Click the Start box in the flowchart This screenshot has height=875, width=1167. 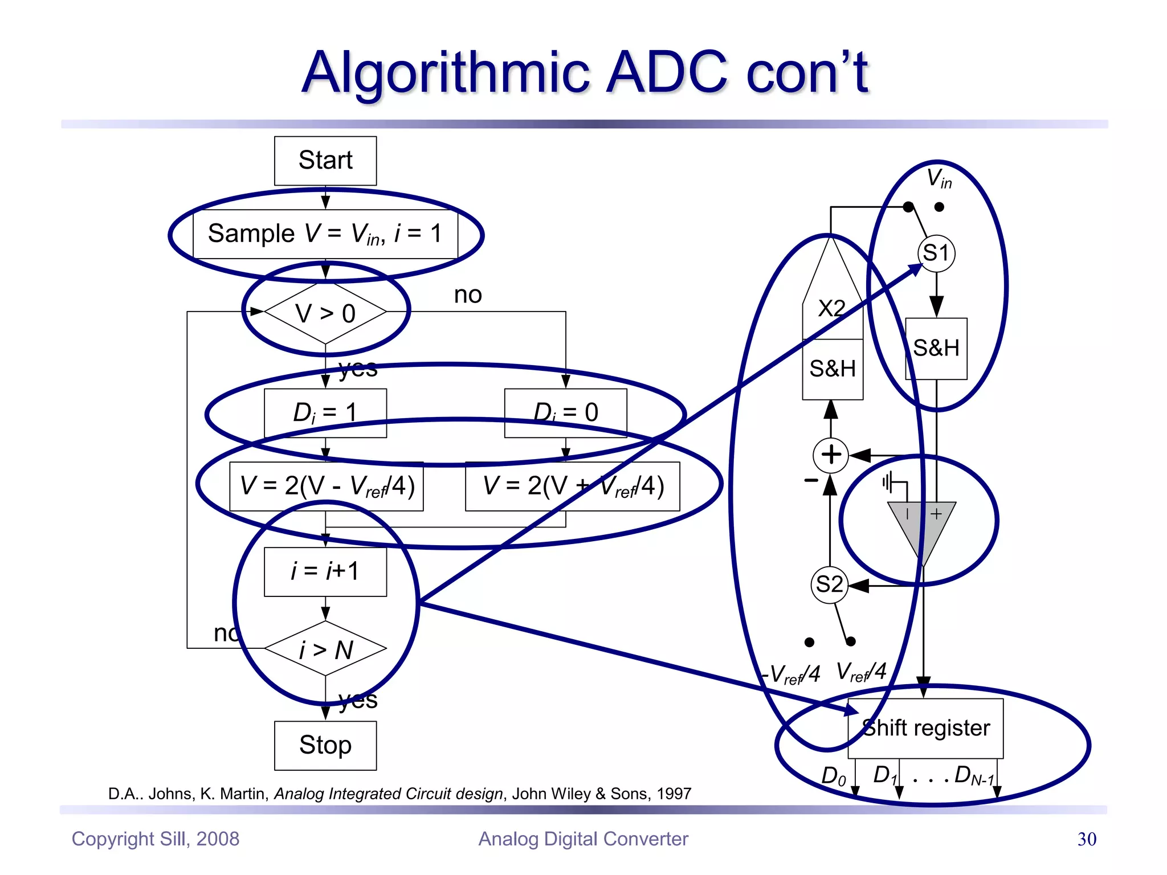tap(325, 161)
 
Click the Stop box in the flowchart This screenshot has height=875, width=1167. tap(325, 745)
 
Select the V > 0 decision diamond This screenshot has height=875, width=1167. tap(325, 313)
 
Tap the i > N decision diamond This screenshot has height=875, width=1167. tap(325, 649)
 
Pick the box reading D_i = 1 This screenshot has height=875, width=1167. tap(325, 413)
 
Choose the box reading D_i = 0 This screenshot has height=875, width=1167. tap(566, 413)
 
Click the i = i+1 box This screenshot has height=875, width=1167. tap(325, 571)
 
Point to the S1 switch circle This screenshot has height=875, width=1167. tap(936, 253)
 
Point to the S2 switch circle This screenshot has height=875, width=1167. tap(830, 584)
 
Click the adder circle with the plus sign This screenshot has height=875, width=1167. tap(831, 455)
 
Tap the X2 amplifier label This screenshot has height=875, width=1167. tap(832, 309)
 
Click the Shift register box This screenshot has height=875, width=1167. tap(926, 729)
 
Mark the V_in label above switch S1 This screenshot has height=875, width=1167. tap(939, 178)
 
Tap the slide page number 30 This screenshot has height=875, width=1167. tap(1087, 839)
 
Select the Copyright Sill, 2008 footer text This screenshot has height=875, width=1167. tap(156, 839)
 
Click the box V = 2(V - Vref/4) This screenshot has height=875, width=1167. tap(327, 486)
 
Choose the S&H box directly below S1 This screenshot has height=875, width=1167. tap(936, 349)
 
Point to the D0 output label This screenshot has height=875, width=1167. tap(834, 776)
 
